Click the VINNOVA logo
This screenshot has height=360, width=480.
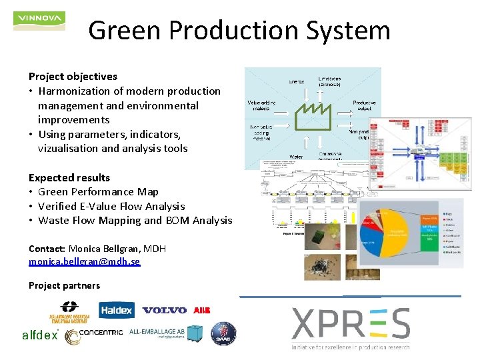39,19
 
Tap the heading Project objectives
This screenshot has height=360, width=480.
73,77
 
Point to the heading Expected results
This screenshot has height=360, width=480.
69,178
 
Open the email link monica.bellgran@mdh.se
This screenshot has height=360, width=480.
84,262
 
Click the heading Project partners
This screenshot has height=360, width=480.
64,286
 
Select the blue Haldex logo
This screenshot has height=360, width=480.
117,310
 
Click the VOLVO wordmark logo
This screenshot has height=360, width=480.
164,310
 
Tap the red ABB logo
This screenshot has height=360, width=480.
201,310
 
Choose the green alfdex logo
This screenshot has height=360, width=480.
41,336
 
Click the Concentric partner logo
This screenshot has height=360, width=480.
93,335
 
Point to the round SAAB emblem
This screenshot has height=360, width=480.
223,334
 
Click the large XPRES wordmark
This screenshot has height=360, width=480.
351,325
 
